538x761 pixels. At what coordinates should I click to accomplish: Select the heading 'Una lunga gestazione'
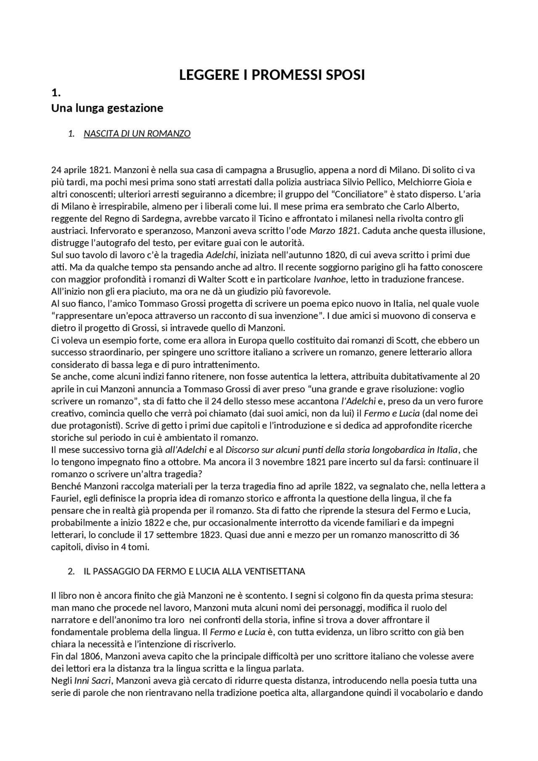[107, 108]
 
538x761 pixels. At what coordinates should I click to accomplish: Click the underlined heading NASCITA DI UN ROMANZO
[137, 134]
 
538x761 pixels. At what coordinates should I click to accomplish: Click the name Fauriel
[66, 499]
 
